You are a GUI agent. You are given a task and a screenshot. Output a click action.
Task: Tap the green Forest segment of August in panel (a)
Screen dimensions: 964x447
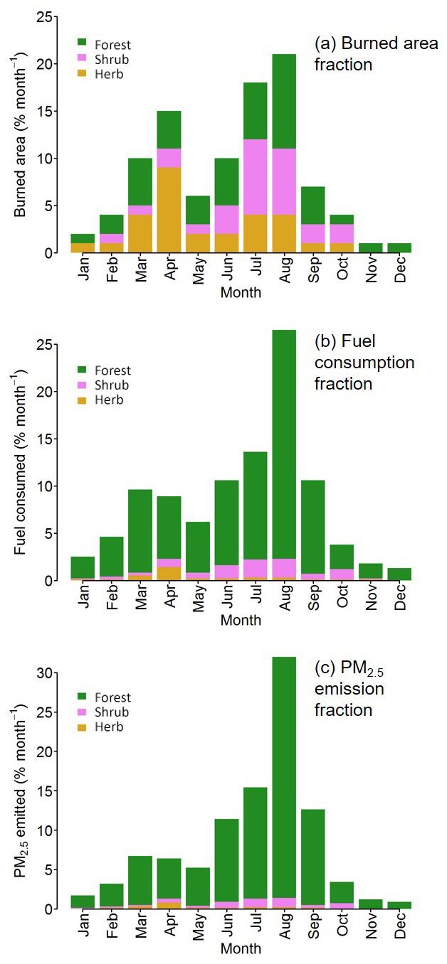click(x=284, y=102)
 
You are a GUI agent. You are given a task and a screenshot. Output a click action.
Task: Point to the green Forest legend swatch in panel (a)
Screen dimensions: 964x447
click(x=82, y=45)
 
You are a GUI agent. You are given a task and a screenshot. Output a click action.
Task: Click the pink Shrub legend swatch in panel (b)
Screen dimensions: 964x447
click(x=82, y=385)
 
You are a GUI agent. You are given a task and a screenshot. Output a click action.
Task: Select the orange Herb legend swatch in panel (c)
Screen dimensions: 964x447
click(x=82, y=727)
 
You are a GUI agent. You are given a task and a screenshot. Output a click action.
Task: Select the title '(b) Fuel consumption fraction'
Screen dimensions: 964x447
click(x=364, y=362)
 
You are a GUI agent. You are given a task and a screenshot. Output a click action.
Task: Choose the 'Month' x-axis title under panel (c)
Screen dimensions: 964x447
click(x=241, y=948)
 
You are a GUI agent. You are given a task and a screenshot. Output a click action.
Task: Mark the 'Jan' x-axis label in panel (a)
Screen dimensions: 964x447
click(x=83, y=269)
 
